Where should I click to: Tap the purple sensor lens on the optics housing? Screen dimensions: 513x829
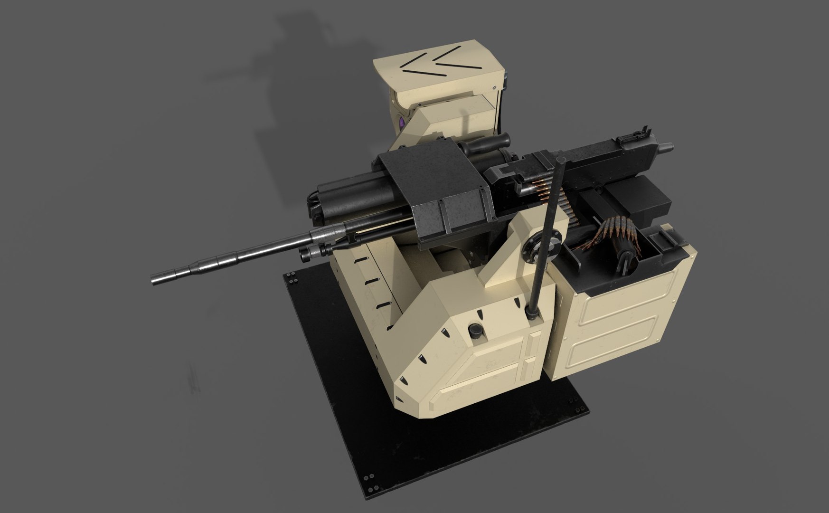click(x=402, y=124)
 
